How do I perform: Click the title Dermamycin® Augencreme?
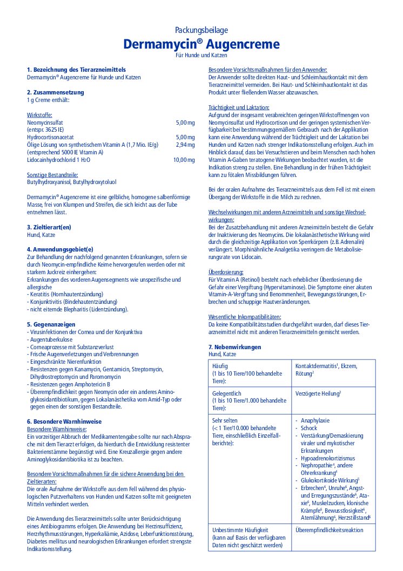pyautogui.click(x=201, y=44)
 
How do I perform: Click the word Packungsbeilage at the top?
pyautogui.click(x=201, y=30)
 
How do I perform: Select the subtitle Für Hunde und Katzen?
pyautogui.click(x=201, y=56)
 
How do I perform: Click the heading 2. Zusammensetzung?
pyautogui.click(x=55, y=92)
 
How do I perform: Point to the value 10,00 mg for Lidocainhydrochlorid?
pyautogui.click(x=184, y=160)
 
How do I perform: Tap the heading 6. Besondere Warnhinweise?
pyautogui.click(x=64, y=421)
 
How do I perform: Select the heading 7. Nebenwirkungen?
pyautogui.click(x=234, y=346)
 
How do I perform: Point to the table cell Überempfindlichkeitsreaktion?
pyautogui.click(x=329, y=530)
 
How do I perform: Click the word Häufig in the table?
pyautogui.click(x=220, y=365)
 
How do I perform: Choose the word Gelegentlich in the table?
pyautogui.click(x=227, y=393)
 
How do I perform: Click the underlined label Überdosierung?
pyautogui.click(x=226, y=271)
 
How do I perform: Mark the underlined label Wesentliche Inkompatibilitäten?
pyautogui.click(x=245, y=317)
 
